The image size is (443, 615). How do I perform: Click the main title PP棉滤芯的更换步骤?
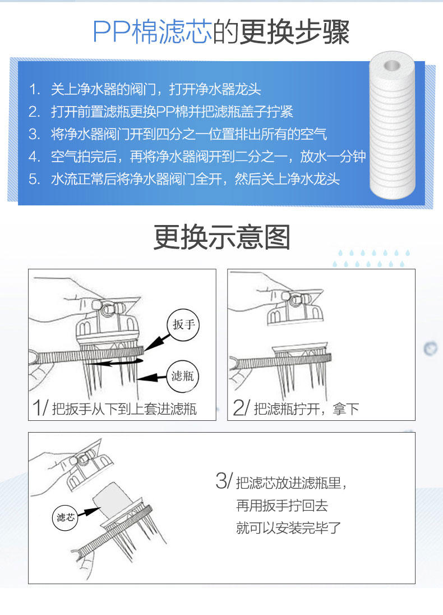point(221,33)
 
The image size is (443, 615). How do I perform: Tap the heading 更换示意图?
point(221,238)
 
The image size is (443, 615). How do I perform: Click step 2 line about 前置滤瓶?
point(172,112)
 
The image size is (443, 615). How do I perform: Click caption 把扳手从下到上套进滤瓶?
point(124,409)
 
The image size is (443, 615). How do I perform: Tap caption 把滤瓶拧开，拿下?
point(306,409)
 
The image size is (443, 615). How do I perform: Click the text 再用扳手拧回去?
point(282,506)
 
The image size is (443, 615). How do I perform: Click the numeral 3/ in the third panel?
point(224,482)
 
